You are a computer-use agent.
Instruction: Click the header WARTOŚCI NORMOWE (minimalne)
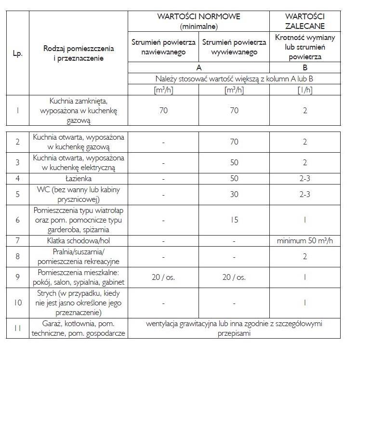click(199, 21)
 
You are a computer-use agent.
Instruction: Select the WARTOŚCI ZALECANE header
click(305, 21)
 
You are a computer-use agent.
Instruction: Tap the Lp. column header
click(17, 53)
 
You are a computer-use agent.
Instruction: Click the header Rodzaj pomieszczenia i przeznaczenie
click(79, 53)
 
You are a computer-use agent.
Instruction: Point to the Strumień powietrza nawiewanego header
click(163, 47)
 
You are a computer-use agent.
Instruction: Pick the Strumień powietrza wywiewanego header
click(234, 47)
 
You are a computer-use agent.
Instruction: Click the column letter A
click(199, 68)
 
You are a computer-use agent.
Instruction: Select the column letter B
click(305, 68)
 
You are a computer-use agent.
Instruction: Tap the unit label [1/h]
click(305, 90)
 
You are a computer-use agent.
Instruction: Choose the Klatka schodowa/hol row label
click(79, 240)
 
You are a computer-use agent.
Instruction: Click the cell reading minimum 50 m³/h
click(305, 240)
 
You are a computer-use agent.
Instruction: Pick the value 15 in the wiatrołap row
click(234, 220)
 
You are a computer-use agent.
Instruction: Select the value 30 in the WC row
click(234, 195)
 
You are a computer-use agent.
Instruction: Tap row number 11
click(17, 328)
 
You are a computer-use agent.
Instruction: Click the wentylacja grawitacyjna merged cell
click(234, 328)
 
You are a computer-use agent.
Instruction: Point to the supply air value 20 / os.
click(163, 277)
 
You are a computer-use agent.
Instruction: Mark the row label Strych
click(79, 303)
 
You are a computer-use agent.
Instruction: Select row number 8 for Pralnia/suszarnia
click(17, 256)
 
